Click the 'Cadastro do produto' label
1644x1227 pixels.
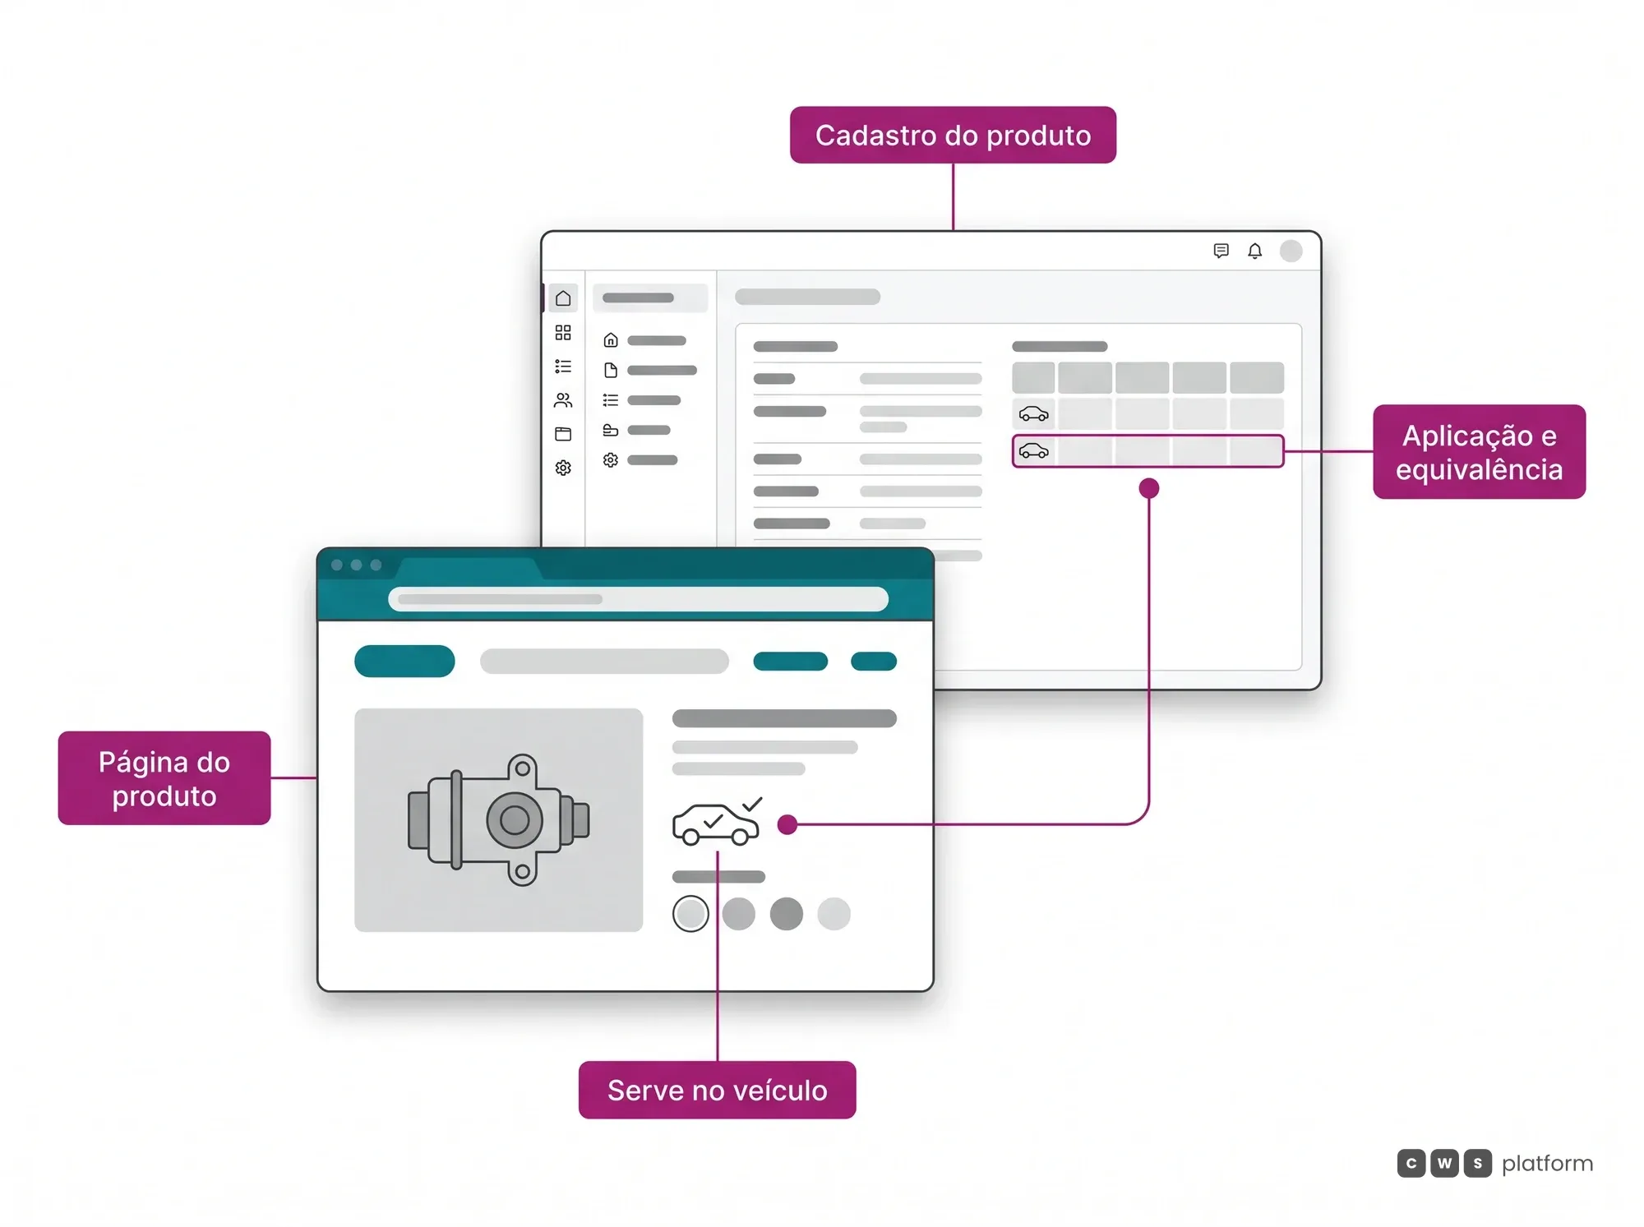click(953, 135)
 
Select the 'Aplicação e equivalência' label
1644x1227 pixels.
click(1479, 451)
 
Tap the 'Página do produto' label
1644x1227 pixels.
click(164, 777)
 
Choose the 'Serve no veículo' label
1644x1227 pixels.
click(717, 1090)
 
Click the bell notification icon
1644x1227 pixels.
click(1254, 251)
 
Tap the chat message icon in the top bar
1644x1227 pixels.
click(1221, 251)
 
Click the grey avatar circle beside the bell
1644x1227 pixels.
click(1291, 251)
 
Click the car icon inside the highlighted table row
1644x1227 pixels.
click(1033, 451)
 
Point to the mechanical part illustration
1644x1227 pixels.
click(498, 819)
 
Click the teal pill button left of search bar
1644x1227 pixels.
click(404, 661)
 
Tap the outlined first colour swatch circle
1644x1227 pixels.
click(690, 913)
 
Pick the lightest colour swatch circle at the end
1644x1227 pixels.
click(834, 913)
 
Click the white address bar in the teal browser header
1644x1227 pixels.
click(638, 599)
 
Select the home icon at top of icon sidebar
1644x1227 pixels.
click(563, 298)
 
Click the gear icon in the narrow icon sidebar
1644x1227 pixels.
click(563, 468)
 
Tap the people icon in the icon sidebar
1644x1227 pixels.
click(563, 400)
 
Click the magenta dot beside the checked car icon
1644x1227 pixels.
click(787, 824)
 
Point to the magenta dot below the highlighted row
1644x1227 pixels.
click(1149, 488)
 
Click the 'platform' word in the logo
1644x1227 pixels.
click(1547, 1164)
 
